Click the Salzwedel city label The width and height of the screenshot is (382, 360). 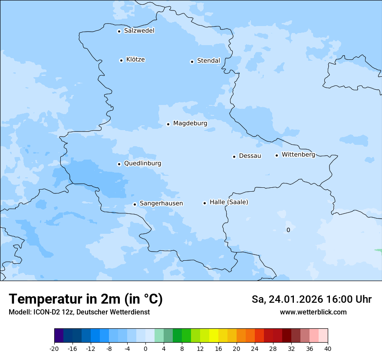click(x=139, y=31)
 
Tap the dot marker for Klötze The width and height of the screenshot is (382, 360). click(x=121, y=60)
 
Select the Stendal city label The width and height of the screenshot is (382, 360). click(x=208, y=61)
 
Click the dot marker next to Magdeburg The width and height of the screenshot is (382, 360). click(x=168, y=124)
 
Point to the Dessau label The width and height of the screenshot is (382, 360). click(x=250, y=156)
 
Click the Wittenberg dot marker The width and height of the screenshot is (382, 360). click(x=277, y=155)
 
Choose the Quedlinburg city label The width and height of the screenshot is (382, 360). click(x=142, y=164)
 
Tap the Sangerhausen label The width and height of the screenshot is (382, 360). click(x=161, y=203)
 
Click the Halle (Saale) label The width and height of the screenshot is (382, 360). click(x=229, y=202)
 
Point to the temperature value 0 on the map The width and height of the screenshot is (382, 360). click(x=288, y=230)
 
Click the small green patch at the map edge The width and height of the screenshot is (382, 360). click(x=379, y=250)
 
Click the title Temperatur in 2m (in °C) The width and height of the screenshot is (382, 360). click(x=86, y=299)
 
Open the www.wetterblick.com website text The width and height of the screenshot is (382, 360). click(x=313, y=312)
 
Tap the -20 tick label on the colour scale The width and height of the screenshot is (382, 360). click(x=54, y=348)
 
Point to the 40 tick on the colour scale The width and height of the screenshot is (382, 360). click(x=328, y=348)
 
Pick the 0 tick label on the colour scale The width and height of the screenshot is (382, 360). click(x=145, y=348)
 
